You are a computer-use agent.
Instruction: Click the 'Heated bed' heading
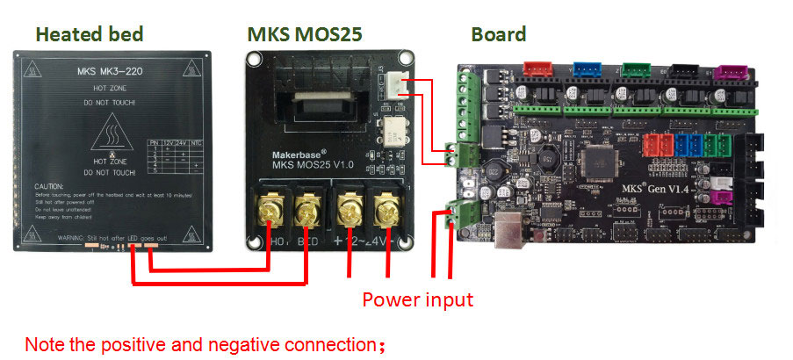pos(89,35)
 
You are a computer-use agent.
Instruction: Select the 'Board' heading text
pos(498,35)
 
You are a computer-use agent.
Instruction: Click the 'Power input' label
pos(417,299)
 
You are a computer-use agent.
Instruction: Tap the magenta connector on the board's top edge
pos(727,71)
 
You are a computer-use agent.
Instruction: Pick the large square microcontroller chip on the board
pos(606,161)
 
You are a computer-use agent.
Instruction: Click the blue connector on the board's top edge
pos(584,69)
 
